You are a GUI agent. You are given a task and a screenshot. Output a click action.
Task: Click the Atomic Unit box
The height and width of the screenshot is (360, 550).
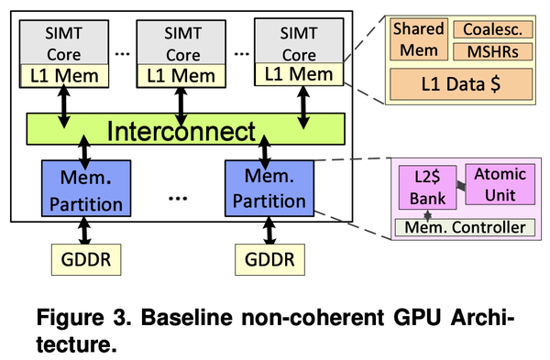pyautogui.click(x=499, y=184)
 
